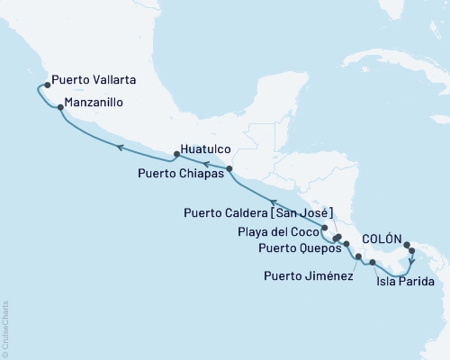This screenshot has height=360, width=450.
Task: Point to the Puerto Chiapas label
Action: [x=178, y=168]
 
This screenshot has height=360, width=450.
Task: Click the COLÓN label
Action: [x=382, y=238]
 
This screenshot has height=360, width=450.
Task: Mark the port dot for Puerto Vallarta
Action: [x=46, y=85]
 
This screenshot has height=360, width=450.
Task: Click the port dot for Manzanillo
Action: [x=59, y=108]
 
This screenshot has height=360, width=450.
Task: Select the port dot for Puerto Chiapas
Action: [x=229, y=168]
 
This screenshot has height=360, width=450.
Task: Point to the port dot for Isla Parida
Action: [x=373, y=262]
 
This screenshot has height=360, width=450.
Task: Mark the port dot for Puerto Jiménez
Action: [x=358, y=257]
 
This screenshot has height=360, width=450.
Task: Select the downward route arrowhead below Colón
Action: [x=411, y=265]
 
